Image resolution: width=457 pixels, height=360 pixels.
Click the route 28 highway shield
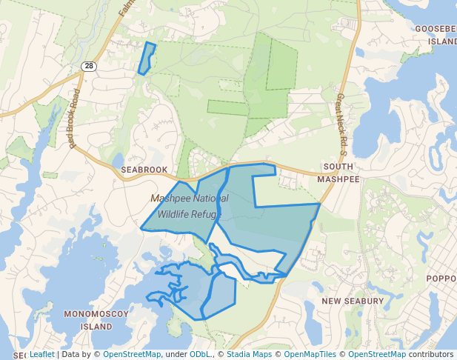point(89,66)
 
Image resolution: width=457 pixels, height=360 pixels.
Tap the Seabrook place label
point(144,170)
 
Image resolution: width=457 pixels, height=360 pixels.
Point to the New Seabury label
point(353,301)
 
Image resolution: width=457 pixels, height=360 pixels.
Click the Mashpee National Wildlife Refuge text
point(190,206)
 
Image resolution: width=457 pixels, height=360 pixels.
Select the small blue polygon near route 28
point(147,59)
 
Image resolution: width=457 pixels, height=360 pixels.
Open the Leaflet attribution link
point(42,354)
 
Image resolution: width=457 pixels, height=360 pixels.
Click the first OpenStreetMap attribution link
point(132,354)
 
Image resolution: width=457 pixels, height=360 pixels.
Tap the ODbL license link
point(200,354)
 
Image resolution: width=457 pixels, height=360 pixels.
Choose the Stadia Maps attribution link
point(250,354)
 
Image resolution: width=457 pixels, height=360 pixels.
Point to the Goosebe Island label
point(436,35)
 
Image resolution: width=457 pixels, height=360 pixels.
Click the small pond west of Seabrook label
point(119,160)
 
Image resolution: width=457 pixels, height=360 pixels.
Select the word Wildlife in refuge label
point(174,214)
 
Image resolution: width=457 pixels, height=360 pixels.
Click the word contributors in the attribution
point(430,354)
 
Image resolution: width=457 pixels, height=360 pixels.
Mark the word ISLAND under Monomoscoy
point(97,326)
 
